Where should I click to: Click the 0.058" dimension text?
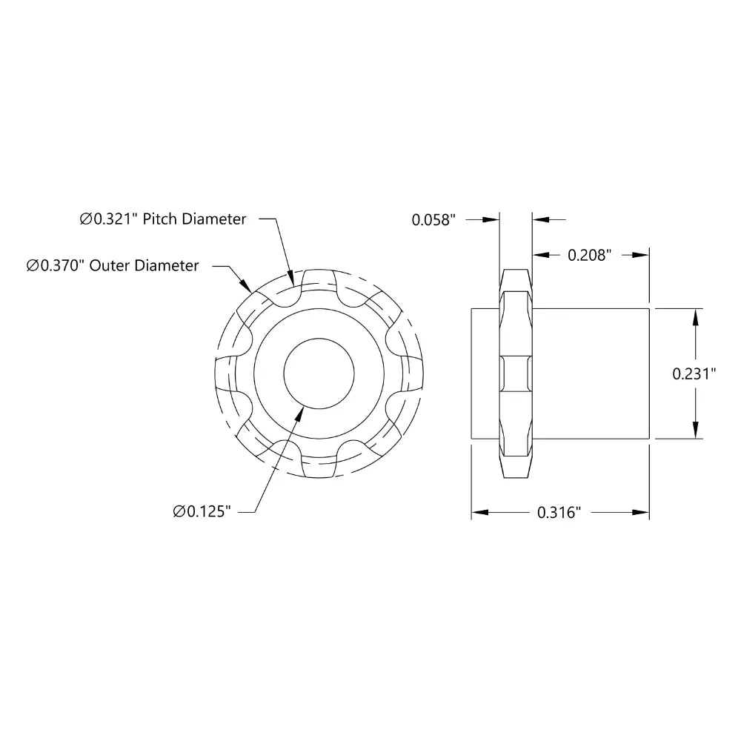click(433, 219)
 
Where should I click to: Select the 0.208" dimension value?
click(589, 255)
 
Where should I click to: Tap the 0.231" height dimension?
click(694, 374)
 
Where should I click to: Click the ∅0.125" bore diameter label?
click(202, 511)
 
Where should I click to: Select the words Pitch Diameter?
click(195, 219)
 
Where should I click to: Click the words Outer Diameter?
click(144, 265)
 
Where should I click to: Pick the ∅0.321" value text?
click(110, 219)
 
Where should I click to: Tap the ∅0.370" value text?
click(56, 265)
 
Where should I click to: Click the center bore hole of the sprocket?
click(319, 374)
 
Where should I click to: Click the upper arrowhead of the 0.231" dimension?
click(695, 317)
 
